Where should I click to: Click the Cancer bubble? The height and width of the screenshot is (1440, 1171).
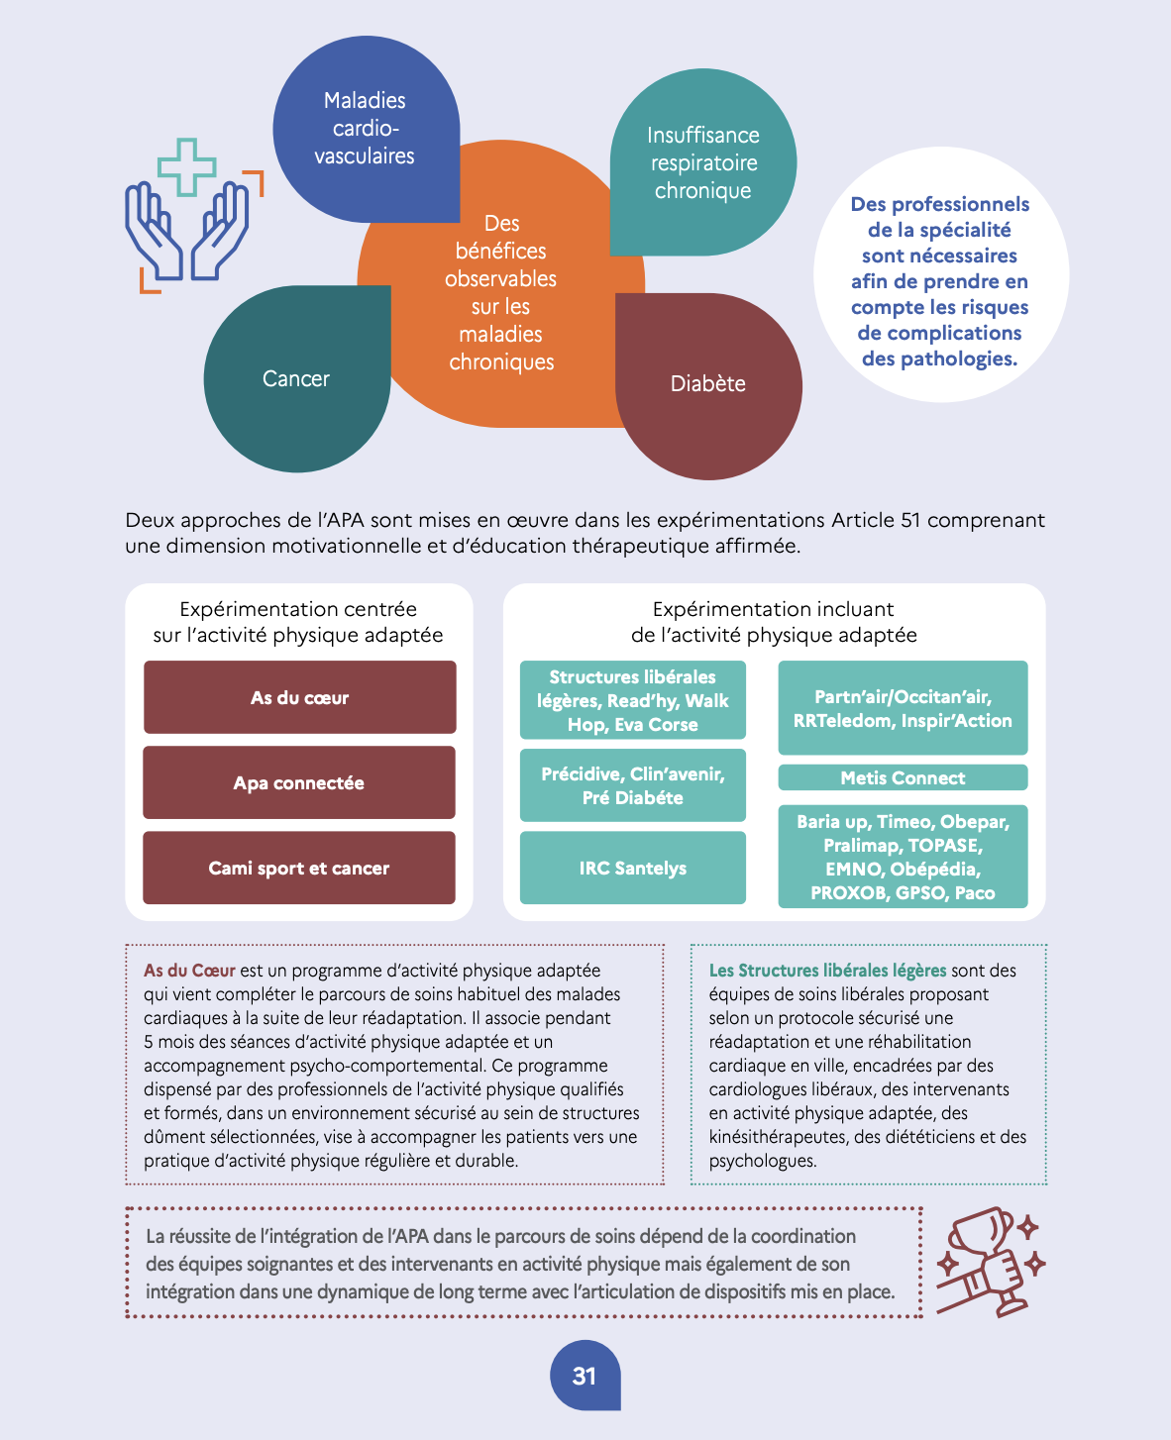[297, 378]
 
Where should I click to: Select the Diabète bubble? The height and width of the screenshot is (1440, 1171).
[708, 386]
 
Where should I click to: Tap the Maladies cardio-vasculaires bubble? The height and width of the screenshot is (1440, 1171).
[367, 129]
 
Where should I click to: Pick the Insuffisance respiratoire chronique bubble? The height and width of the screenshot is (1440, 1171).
[703, 162]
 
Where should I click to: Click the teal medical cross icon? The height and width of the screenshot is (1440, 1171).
[186, 167]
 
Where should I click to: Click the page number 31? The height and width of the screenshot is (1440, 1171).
[585, 1376]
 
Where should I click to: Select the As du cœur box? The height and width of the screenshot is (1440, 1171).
[299, 697]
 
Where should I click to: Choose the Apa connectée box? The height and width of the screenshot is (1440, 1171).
[299, 782]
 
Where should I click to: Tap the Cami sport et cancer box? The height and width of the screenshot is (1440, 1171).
[299, 868]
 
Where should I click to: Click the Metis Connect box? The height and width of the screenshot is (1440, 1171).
[903, 777]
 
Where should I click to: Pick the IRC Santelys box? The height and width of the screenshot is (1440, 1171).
[633, 868]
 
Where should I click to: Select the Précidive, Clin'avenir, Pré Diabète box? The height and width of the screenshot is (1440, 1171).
[633, 785]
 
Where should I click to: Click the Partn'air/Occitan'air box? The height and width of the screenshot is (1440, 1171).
[903, 708]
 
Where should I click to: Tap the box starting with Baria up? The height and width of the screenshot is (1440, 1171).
[903, 857]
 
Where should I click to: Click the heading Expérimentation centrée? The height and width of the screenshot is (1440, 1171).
[298, 609]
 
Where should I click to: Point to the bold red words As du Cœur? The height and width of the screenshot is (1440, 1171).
[189, 971]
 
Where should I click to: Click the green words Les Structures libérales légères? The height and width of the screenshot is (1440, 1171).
[827, 971]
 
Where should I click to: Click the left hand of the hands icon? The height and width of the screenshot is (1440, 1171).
[153, 231]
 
